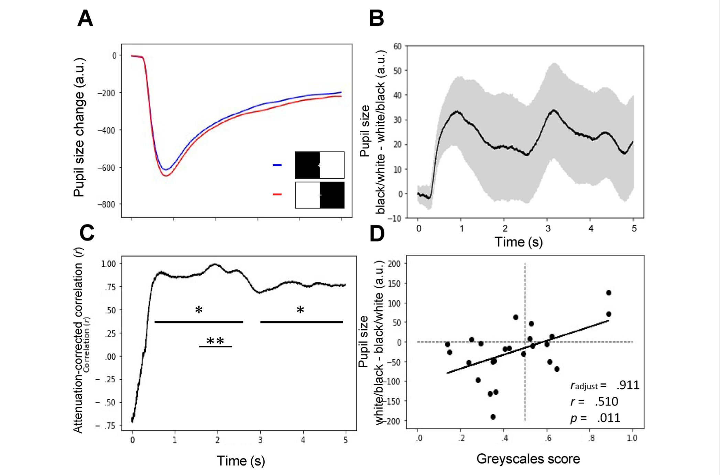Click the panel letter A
[85, 18]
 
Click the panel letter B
[376, 18]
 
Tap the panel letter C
[87, 233]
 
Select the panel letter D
[377, 234]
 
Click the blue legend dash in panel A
[277, 165]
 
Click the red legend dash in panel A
[277, 195]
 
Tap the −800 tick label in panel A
[107, 205]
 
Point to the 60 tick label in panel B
[397, 46]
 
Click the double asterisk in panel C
[215, 341]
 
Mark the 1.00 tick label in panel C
[108, 264]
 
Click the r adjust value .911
[628, 385]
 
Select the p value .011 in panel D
[609, 418]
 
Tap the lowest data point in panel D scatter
[493, 417]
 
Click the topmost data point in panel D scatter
[609, 293]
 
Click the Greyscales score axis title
[528, 459]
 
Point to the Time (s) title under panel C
[241, 461]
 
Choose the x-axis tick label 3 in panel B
[548, 229]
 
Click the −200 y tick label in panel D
[392, 421]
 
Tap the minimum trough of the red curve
[166, 176]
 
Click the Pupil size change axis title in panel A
[79, 127]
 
